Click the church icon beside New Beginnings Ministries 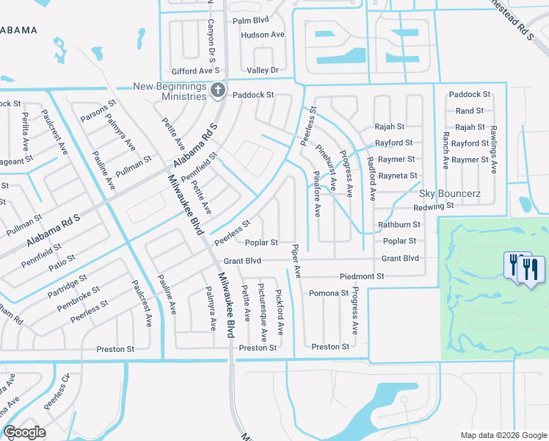pyautogui.click(x=217, y=91)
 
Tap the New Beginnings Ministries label pyautogui.click(x=170, y=92)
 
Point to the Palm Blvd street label pyautogui.click(x=252, y=21)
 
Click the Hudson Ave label pyautogui.click(x=262, y=35)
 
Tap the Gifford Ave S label pyautogui.click(x=196, y=71)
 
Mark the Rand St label pyautogui.click(x=470, y=111)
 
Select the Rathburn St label pyautogui.click(x=399, y=224)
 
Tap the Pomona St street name pyautogui.click(x=328, y=293)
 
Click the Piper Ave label pyautogui.click(x=296, y=261)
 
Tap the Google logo pyautogui.click(x=25, y=432)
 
